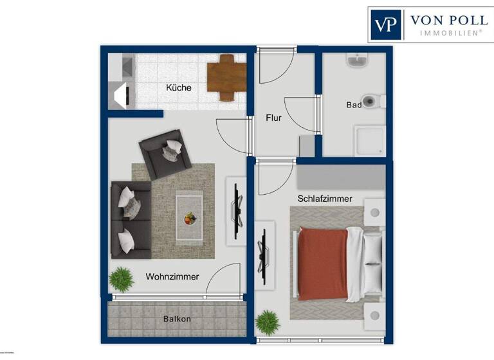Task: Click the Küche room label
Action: (x=178, y=87)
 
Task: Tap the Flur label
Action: (x=274, y=118)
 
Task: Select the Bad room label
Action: (x=353, y=104)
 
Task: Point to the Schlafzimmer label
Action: (x=324, y=199)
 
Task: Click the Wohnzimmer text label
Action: (x=172, y=276)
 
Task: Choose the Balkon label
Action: (x=177, y=319)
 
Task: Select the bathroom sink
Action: (x=356, y=61)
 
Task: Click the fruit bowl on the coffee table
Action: (x=188, y=219)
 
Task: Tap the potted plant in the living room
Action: (x=120, y=280)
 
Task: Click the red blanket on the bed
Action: (x=322, y=264)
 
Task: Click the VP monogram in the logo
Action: (x=386, y=24)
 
